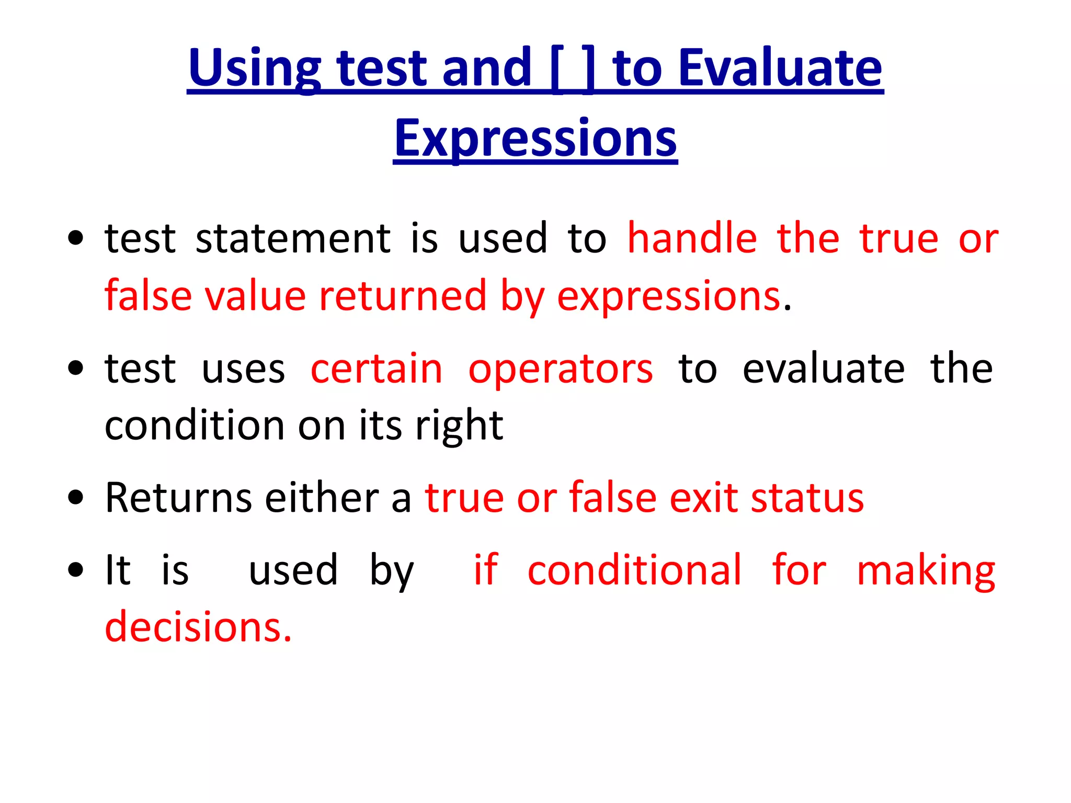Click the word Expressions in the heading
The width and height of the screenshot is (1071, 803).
535,138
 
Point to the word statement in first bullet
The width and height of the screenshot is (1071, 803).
293,239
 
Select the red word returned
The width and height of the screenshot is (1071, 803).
403,296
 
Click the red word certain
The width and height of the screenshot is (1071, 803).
377,369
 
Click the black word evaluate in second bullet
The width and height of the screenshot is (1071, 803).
824,369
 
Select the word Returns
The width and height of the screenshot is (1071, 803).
178,498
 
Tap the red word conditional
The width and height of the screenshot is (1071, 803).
634,570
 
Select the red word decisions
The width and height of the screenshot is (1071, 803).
198,627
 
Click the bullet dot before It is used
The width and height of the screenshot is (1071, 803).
76,570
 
